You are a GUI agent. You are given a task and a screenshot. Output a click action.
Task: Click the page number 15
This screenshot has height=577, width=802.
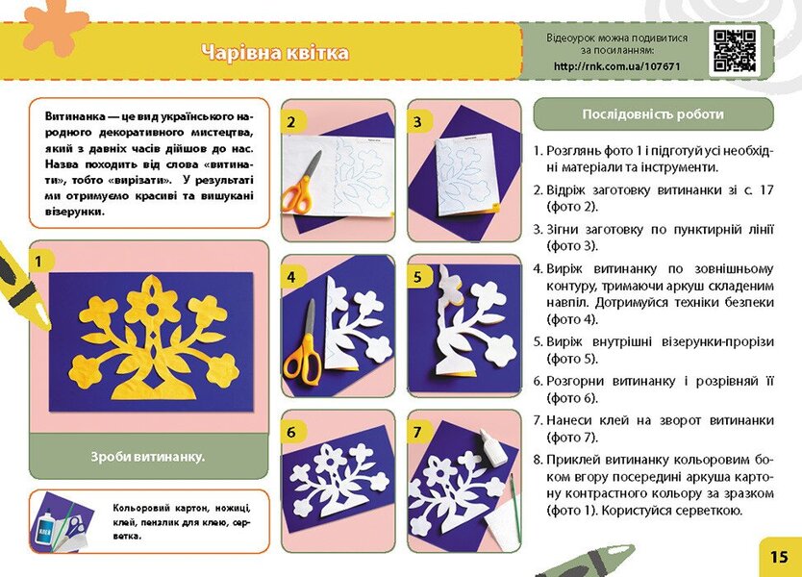tap(778, 556)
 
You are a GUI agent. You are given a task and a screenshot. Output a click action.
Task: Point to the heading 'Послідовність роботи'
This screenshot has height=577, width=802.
tap(653, 113)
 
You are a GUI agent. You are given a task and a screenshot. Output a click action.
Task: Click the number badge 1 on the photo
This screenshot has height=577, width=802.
tap(38, 260)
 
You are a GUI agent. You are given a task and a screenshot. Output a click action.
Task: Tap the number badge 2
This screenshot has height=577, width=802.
tap(290, 122)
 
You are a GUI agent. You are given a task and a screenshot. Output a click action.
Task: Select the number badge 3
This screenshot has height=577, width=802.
tap(417, 122)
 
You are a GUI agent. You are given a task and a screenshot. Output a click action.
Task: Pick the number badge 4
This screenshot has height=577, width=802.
tap(290, 277)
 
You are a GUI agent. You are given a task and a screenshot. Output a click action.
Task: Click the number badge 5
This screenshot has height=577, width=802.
tap(417, 277)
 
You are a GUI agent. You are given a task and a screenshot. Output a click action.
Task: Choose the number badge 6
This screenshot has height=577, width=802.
tap(290, 433)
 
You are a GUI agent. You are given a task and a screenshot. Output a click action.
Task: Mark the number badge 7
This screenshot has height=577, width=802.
tap(417, 433)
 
